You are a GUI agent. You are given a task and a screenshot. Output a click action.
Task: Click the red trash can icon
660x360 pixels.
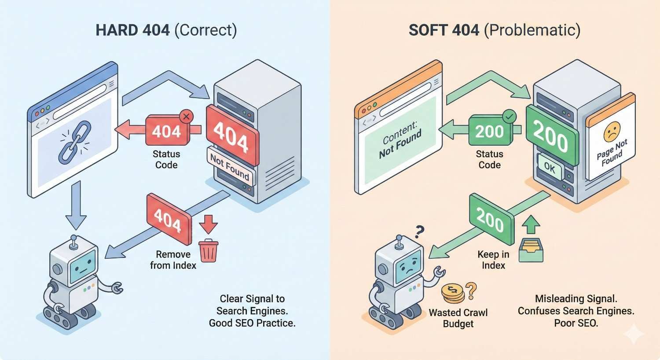tap(209, 251)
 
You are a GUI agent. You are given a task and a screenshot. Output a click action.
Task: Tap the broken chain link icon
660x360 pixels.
tap(75, 142)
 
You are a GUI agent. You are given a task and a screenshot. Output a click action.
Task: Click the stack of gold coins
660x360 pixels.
tap(453, 294)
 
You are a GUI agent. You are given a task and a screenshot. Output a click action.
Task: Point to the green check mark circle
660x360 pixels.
tap(509, 117)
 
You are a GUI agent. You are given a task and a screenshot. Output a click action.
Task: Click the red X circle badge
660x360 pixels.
tap(186, 117)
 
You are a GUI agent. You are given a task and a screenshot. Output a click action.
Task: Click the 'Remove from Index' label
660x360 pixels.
tap(173, 260)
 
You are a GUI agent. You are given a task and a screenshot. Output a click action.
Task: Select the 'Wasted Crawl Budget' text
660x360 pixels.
tap(458, 318)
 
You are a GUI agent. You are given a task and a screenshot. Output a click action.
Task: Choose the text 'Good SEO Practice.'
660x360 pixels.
tap(252, 323)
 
